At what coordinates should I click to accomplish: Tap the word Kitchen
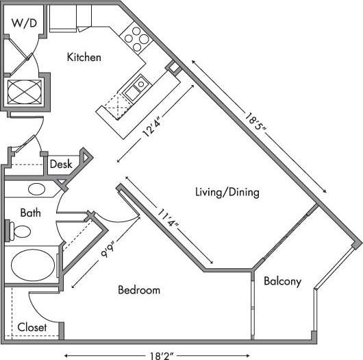point(84,58)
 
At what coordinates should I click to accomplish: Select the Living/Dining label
point(227,192)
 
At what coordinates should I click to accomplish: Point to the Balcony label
point(282,280)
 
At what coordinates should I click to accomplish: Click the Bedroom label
point(139,290)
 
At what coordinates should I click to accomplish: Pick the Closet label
point(32,327)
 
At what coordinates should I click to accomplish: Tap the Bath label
point(30,213)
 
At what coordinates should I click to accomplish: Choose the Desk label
point(61,165)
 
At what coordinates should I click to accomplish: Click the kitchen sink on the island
point(138,85)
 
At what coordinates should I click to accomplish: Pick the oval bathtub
point(33,263)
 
